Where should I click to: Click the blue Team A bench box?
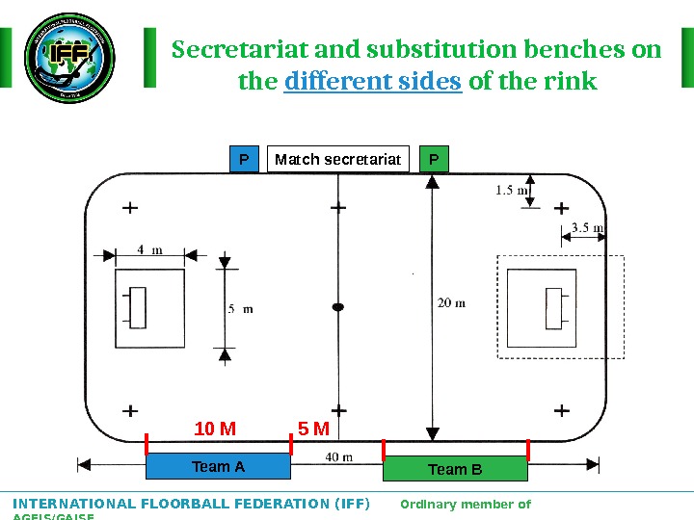pyautogui.click(x=218, y=467)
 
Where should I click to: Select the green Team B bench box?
pyautogui.click(x=455, y=469)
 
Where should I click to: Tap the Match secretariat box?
pyautogui.click(x=337, y=159)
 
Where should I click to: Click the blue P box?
pyautogui.click(x=244, y=159)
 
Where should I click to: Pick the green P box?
pyautogui.click(x=435, y=159)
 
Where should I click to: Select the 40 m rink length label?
pyautogui.click(x=337, y=456)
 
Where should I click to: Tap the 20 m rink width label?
pyautogui.click(x=451, y=302)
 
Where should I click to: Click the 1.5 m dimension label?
pyautogui.click(x=512, y=190)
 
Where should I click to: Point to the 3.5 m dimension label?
pyautogui.click(x=587, y=228)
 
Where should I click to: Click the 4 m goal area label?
pyautogui.click(x=149, y=249)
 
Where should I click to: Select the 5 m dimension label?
pyautogui.click(x=240, y=309)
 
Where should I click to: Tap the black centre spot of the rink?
pyautogui.click(x=337, y=307)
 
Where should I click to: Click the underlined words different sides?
pyautogui.click(x=373, y=82)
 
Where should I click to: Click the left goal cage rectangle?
pyautogui.click(x=138, y=307)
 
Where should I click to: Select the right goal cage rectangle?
pyautogui.click(x=553, y=307)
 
